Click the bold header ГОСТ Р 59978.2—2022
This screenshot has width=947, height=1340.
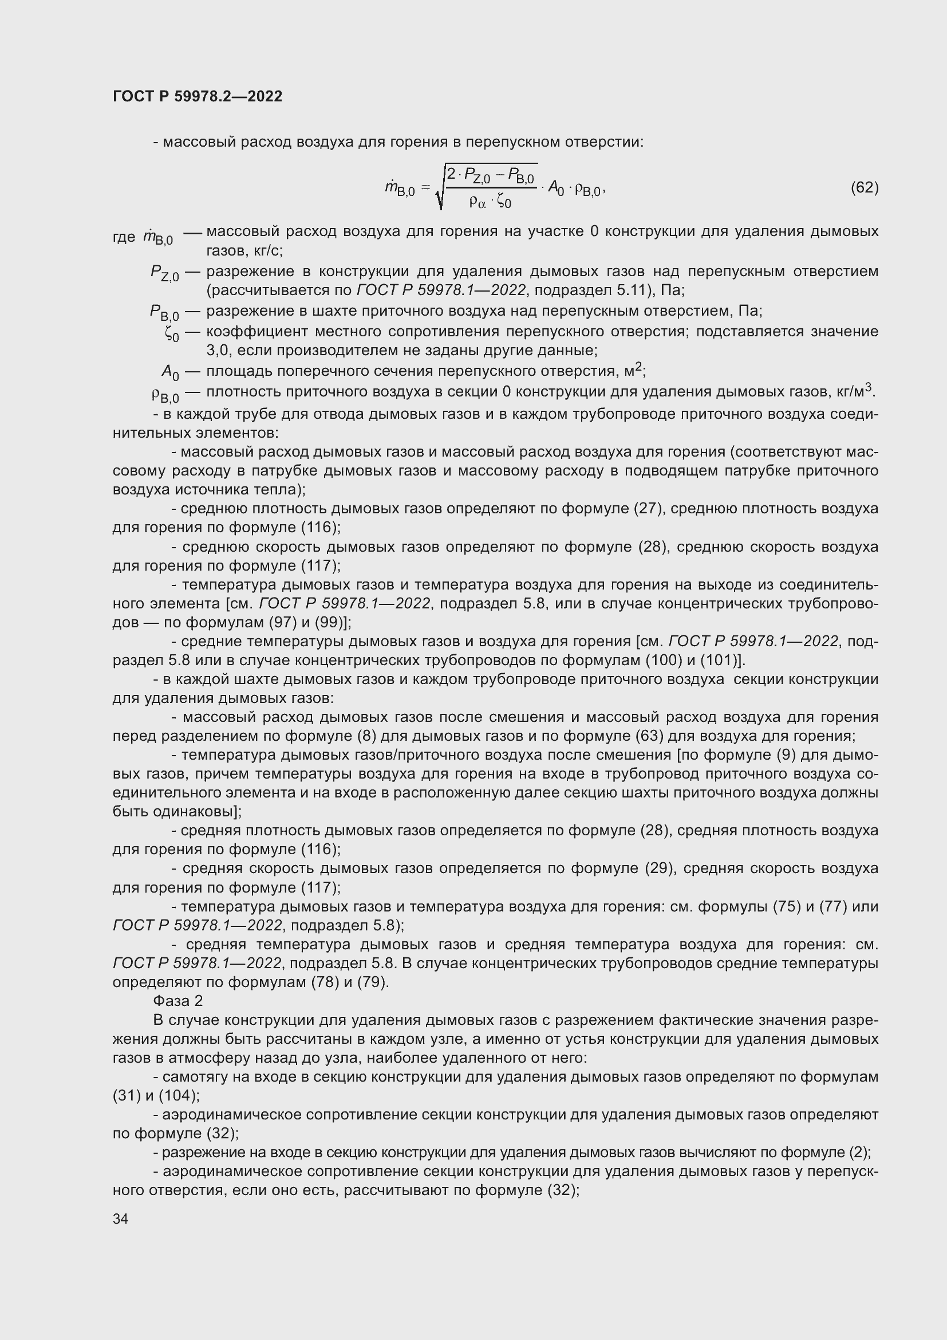pos(197,96)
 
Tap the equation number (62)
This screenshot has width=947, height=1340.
pos(864,187)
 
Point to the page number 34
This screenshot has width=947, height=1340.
pos(120,1219)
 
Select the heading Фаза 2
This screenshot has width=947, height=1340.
pos(177,1001)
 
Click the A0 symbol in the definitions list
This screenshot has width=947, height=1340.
pos(170,372)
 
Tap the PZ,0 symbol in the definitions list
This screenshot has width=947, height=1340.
pos(164,273)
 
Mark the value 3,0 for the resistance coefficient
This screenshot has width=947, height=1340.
pos(218,351)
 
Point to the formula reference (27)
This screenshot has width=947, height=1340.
pos(649,508)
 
